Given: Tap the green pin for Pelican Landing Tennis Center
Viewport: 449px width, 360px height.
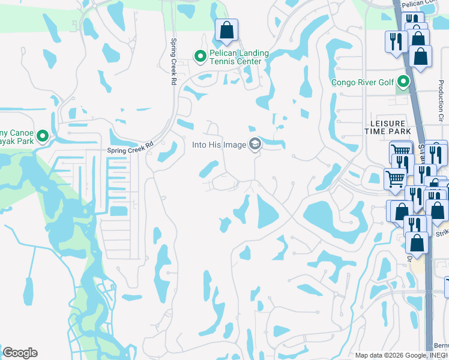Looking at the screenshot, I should tap(200, 56).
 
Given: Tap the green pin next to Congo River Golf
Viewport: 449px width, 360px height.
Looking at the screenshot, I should tap(403, 81).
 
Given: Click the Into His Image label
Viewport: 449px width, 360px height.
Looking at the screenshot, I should tap(219, 145).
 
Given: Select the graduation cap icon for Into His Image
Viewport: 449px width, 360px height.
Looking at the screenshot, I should tap(255, 144).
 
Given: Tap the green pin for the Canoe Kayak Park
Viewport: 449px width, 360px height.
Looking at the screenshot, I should tap(42, 136).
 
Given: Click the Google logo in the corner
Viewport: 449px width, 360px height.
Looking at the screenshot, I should tap(20, 353).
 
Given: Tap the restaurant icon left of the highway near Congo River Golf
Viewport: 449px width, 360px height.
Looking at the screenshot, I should tap(394, 41).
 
